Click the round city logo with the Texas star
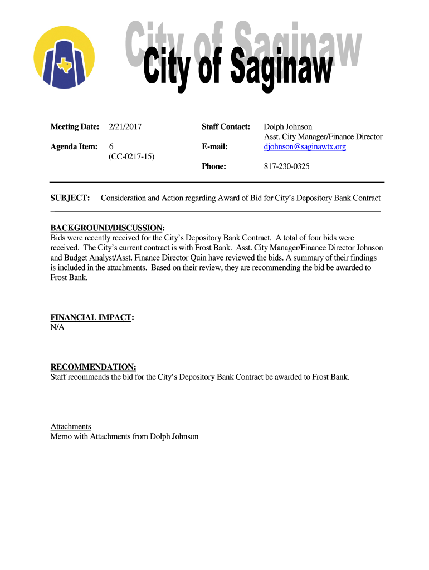(64, 57)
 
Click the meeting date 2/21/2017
(125, 127)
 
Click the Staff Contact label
(226, 127)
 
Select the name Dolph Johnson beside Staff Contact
(287, 127)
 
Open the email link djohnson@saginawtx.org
(305, 146)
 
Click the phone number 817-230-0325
(286, 166)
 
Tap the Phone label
(213, 166)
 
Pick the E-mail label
(214, 146)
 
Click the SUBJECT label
(70, 198)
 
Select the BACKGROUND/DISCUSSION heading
(108, 228)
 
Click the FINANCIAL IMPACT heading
(92, 317)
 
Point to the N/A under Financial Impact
(57, 327)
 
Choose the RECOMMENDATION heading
(93, 367)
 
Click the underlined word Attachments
(71, 426)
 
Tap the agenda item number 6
(111, 146)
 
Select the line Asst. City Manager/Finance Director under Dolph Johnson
(323, 137)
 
